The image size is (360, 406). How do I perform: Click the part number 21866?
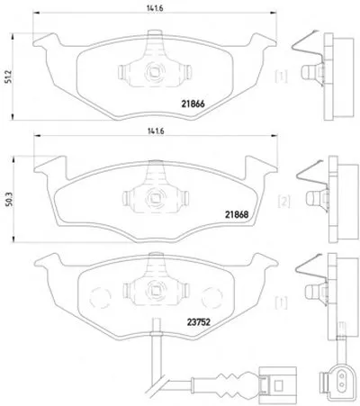coord(193,104)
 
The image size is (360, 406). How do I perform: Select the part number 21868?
coord(237,214)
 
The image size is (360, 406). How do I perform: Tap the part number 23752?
coord(199,322)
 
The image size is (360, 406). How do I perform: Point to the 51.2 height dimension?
coord(8,77)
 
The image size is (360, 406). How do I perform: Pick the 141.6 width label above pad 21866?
coord(155,9)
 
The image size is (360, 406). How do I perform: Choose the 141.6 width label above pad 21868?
coord(156,131)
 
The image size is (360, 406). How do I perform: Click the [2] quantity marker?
coord(283,202)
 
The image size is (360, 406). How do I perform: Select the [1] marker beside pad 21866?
coord(281,77)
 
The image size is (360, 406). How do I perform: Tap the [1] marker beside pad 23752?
coord(281,302)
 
